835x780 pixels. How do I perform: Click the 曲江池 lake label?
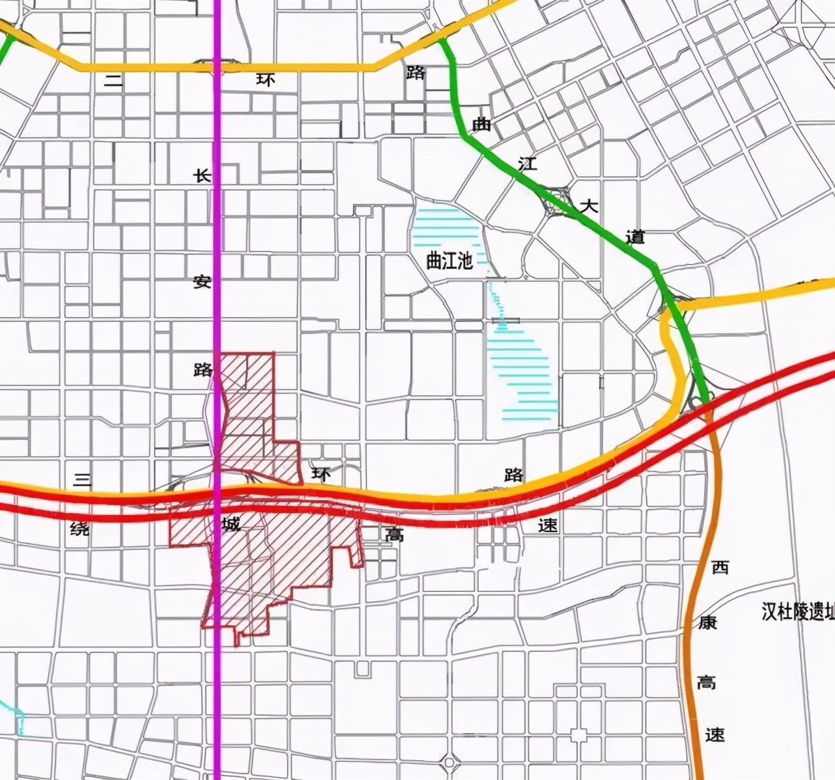tap(449, 262)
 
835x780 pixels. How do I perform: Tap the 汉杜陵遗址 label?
tap(798, 612)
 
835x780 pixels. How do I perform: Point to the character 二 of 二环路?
tap(114, 80)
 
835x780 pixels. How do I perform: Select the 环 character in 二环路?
tap(266, 79)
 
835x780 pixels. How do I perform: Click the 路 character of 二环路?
tap(415, 72)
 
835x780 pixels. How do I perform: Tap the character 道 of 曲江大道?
tap(635, 237)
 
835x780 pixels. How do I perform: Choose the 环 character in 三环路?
tap(320, 475)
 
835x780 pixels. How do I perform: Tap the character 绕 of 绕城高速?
tap(79, 529)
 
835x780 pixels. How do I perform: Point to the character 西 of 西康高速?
tap(720, 568)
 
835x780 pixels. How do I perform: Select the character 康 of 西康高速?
tap(708, 622)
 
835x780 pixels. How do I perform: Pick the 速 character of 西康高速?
tap(715, 735)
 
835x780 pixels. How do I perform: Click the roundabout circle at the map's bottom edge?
tap(448, 762)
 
